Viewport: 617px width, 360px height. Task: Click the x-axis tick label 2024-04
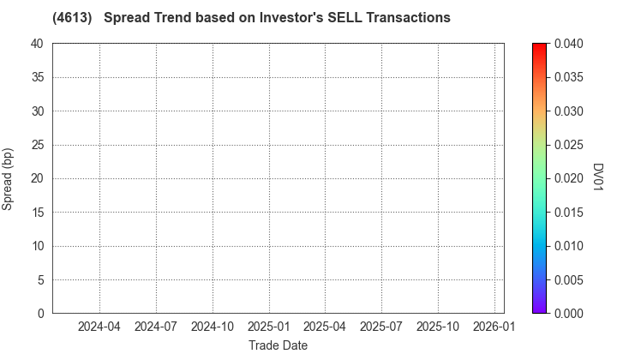click(99, 327)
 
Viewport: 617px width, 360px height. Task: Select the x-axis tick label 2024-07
click(156, 327)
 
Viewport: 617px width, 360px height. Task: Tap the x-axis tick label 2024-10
click(213, 327)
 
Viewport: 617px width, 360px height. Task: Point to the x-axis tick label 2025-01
click(269, 327)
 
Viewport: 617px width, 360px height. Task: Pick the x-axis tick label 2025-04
click(325, 327)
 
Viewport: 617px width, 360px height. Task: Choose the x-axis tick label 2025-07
click(381, 327)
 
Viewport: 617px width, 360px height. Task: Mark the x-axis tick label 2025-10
click(438, 327)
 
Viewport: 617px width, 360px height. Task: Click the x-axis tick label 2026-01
click(494, 327)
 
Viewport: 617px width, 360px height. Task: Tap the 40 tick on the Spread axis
click(38, 44)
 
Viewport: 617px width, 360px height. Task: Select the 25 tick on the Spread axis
click(38, 145)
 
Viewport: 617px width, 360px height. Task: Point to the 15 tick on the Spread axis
click(38, 213)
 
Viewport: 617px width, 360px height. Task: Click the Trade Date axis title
click(278, 345)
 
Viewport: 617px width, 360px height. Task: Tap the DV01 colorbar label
click(599, 178)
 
